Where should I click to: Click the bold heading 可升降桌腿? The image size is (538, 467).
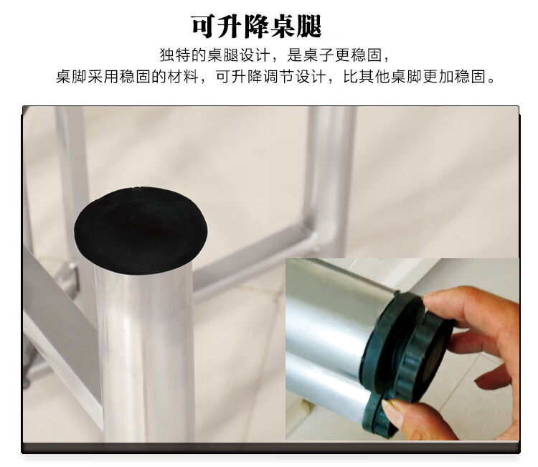pyautogui.click(x=256, y=26)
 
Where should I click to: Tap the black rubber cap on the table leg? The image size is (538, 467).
pyautogui.click(x=141, y=230)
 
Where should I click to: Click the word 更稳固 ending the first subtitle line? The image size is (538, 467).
pyautogui.click(x=358, y=55)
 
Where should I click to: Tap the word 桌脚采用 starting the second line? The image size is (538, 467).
pyautogui.click(x=87, y=77)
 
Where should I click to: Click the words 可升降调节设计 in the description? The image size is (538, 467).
pyautogui.click(x=270, y=77)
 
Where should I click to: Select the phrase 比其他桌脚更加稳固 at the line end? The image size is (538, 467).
pyautogui.click(x=414, y=77)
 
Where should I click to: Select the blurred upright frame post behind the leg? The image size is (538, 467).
pyautogui.click(x=329, y=171)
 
